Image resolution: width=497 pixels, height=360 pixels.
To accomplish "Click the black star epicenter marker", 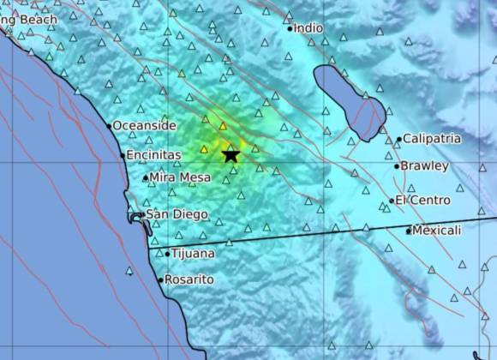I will [231, 154].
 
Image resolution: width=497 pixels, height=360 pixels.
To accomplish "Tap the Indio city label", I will [309, 27].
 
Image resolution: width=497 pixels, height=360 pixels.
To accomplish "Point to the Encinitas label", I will [153, 155].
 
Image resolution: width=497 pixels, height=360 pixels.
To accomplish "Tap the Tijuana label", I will [193, 253].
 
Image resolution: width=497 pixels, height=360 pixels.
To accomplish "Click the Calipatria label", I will [432, 138].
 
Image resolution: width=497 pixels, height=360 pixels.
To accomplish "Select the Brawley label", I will [424, 165].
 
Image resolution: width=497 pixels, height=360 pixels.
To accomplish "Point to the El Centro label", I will [423, 200].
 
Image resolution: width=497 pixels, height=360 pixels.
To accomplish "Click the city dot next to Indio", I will [291, 28].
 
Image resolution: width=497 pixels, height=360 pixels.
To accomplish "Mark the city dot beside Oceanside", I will [110, 126].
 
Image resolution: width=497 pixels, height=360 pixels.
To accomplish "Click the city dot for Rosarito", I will [160, 279].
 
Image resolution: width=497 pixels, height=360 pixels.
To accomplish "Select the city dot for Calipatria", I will [399, 139].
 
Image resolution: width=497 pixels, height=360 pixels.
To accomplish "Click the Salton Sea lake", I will [347, 100].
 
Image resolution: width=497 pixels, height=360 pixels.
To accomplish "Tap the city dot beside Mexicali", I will [409, 230].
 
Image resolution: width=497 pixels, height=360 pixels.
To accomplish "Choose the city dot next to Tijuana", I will [167, 253].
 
